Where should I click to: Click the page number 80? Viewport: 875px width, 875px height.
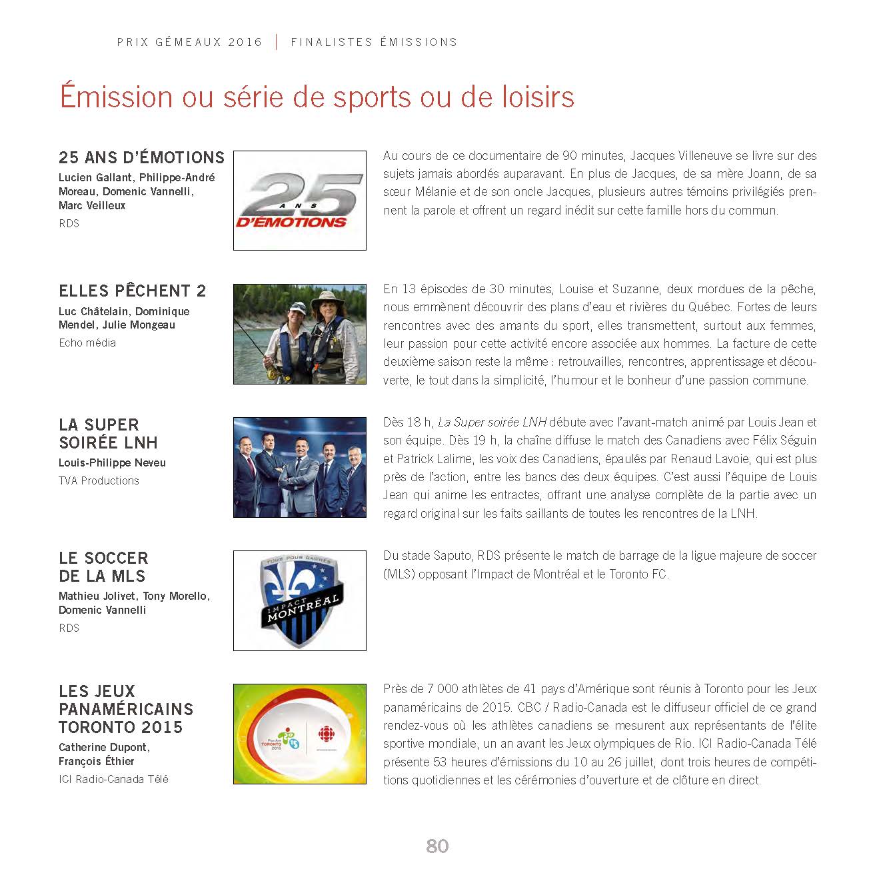tap(437, 846)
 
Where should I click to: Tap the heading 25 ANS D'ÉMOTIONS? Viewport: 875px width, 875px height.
tap(141, 158)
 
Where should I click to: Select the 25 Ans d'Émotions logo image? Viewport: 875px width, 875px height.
tap(299, 201)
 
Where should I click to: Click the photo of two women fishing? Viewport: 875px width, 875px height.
tap(299, 334)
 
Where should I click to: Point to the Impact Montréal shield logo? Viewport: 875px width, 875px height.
tap(299, 600)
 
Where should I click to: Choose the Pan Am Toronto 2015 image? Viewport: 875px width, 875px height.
tap(299, 734)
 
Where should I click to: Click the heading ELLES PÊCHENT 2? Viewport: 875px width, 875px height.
tap(132, 291)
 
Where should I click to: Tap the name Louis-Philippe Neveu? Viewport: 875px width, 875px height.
tap(112, 462)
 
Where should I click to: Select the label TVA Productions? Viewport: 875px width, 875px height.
tap(99, 480)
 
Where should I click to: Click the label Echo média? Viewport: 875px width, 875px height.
tap(87, 343)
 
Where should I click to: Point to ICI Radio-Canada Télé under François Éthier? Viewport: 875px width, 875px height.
tap(113, 779)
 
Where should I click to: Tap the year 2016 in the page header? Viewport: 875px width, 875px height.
tap(245, 42)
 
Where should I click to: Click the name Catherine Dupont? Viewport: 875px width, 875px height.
tap(103, 747)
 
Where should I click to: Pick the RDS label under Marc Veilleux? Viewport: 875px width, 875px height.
tap(69, 223)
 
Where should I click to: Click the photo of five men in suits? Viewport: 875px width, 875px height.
tap(299, 467)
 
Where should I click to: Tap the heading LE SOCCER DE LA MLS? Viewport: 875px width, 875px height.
tap(103, 567)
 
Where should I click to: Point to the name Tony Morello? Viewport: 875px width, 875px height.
tap(176, 596)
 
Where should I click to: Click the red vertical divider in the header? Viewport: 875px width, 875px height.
tap(277, 42)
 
